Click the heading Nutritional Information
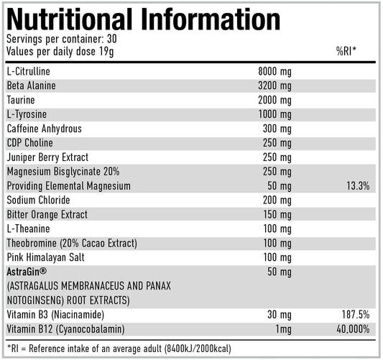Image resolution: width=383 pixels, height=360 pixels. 144,19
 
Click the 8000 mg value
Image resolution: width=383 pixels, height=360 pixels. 274,71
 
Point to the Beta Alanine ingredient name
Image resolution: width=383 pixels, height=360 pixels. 32,86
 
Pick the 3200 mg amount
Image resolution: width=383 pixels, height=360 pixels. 274,86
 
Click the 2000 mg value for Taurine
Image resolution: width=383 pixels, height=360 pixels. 274,100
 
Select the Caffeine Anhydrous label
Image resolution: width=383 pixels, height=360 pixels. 44,129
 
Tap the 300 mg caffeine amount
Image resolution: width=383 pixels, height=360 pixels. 277,129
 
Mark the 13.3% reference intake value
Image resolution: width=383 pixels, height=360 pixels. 356,185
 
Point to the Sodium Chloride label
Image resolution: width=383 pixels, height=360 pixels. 38,200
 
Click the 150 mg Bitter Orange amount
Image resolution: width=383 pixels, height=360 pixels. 277,214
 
